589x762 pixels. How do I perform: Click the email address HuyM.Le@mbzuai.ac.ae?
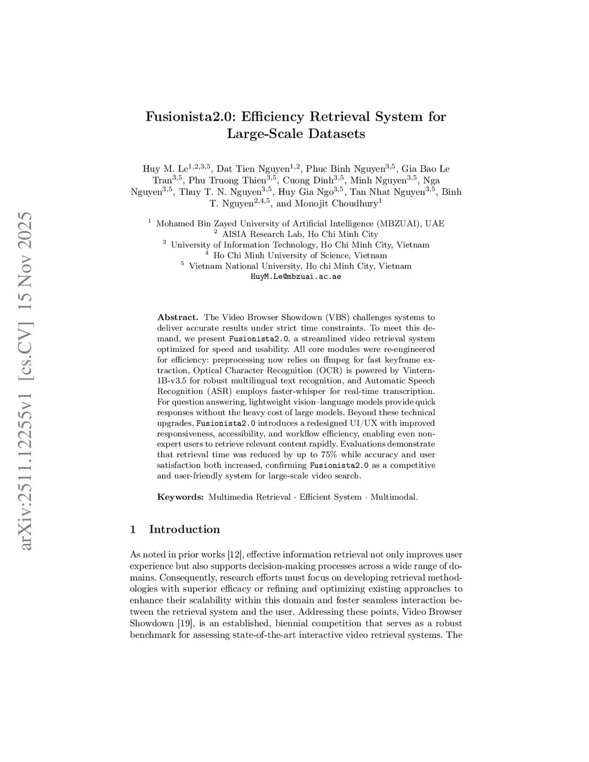pyautogui.click(x=296, y=277)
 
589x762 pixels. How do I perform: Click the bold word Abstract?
pyautogui.click(x=178, y=317)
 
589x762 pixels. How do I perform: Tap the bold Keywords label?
pyautogui.click(x=180, y=497)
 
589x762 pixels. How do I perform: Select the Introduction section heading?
pyautogui.click(x=184, y=530)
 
